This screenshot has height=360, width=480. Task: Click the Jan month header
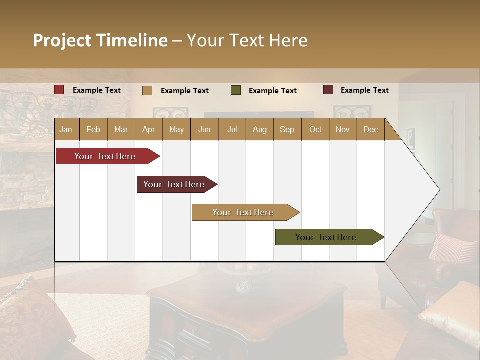pos(66,129)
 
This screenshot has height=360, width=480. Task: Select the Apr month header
pos(149,129)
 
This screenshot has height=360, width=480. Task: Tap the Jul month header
pos(232,129)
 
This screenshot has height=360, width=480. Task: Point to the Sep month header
pos(287,129)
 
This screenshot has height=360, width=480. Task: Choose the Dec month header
pos(370,129)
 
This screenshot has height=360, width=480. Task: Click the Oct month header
pos(315,129)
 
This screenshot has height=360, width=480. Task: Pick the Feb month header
pos(93,129)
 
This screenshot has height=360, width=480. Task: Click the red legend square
pos(59,90)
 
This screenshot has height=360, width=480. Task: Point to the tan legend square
pos(147,90)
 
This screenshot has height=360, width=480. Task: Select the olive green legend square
pos(236,90)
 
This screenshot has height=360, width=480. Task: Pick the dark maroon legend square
pos(328,90)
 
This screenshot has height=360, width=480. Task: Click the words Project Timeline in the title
pos(100,40)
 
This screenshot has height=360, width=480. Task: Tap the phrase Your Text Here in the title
pos(247,40)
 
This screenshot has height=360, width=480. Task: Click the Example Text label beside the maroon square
pos(364,90)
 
